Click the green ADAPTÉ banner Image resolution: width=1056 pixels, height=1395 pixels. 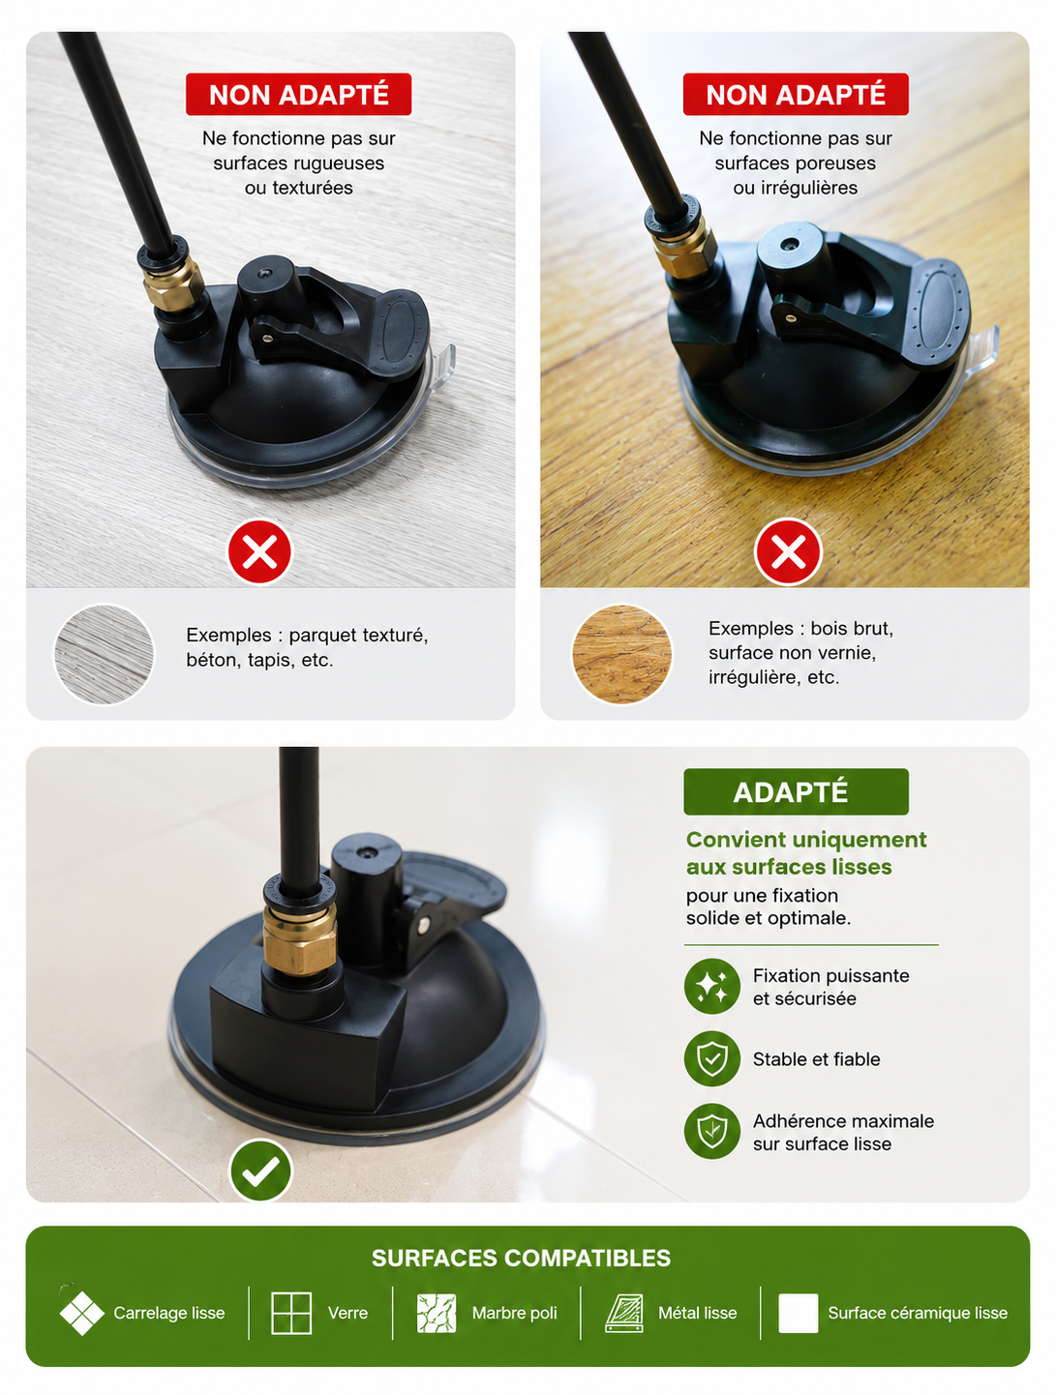(796, 791)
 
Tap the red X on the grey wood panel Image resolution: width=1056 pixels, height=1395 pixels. (259, 551)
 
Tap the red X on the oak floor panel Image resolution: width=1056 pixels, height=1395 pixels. (788, 551)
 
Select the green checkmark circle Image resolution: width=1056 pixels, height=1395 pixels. (260, 1170)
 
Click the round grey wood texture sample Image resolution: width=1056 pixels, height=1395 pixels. (104, 654)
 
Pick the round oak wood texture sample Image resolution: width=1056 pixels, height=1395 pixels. (621, 654)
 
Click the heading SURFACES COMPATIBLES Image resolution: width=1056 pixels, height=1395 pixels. (521, 1258)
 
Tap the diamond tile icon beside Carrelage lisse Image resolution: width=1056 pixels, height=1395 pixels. (81, 1313)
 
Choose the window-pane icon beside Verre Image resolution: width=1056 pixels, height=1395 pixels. (291, 1313)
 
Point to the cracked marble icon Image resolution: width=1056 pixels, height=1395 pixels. (437, 1313)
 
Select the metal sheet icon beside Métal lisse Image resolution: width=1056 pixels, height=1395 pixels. (624, 1313)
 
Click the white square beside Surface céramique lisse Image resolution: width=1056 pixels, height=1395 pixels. (798, 1313)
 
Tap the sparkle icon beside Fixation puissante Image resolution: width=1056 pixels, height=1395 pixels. (712, 987)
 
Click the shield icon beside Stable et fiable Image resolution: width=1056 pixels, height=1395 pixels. (712, 1058)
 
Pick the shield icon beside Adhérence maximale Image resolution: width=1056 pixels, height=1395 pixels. (712, 1131)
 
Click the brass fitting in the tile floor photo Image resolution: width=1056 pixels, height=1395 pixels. (299, 938)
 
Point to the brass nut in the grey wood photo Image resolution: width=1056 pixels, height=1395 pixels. (173, 283)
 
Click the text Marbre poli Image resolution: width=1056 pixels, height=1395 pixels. (514, 1313)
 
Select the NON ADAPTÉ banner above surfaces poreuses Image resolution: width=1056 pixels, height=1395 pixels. (796, 94)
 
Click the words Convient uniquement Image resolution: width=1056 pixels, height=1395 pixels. (806, 840)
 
